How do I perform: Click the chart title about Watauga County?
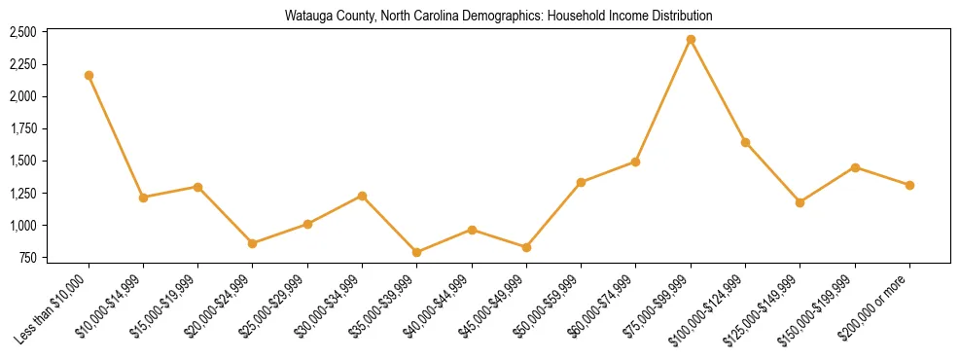pos(498,16)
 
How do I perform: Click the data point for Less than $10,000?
pos(89,75)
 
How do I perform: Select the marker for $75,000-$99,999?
pos(691,40)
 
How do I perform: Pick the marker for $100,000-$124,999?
pos(745,142)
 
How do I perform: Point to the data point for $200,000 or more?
pos(909,185)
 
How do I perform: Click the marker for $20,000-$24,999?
pos(253,243)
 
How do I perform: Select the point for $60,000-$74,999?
pos(636,162)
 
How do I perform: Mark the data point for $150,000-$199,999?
pos(855,167)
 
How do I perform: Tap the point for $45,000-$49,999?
pos(526,247)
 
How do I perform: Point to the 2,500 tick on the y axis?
pos(22,32)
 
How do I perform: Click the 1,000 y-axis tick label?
pos(22,226)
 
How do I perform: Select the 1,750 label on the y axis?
pos(22,128)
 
